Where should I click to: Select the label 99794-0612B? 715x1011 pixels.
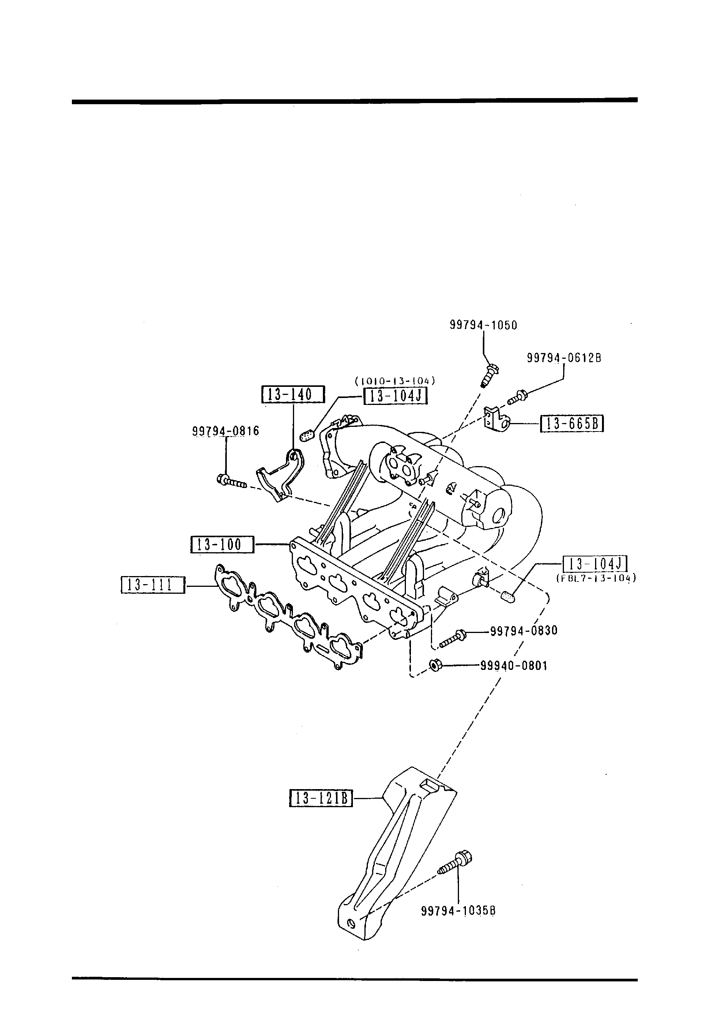click(x=564, y=358)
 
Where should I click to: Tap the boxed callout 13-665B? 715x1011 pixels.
click(x=572, y=424)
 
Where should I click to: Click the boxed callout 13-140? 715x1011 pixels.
click(x=293, y=395)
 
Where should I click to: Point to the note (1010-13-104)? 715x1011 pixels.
click(x=395, y=380)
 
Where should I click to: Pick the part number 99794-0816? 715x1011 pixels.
click(x=225, y=431)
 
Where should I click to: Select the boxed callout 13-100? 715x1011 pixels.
click(x=222, y=545)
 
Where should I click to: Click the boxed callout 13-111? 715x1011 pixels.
click(x=153, y=585)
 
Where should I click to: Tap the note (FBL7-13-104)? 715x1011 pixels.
click(x=596, y=579)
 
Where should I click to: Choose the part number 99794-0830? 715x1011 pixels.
click(x=524, y=631)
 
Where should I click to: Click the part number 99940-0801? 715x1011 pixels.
click(x=514, y=665)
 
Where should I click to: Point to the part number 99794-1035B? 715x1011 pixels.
click(x=458, y=911)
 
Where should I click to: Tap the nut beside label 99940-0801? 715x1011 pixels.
click(x=435, y=665)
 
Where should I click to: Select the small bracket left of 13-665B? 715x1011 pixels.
click(x=495, y=419)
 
